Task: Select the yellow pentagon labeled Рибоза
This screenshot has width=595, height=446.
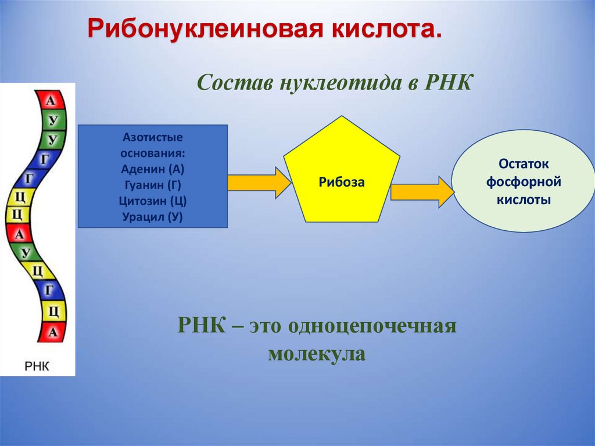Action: click(342, 174)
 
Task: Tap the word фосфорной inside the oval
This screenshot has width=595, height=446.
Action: click(524, 182)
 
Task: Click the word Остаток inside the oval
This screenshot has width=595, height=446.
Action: click(524, 165)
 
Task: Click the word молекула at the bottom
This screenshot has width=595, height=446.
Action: click(317, 354)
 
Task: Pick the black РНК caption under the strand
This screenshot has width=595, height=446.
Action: click(37, 366)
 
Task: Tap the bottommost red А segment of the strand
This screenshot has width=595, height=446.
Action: click(52, 332)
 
